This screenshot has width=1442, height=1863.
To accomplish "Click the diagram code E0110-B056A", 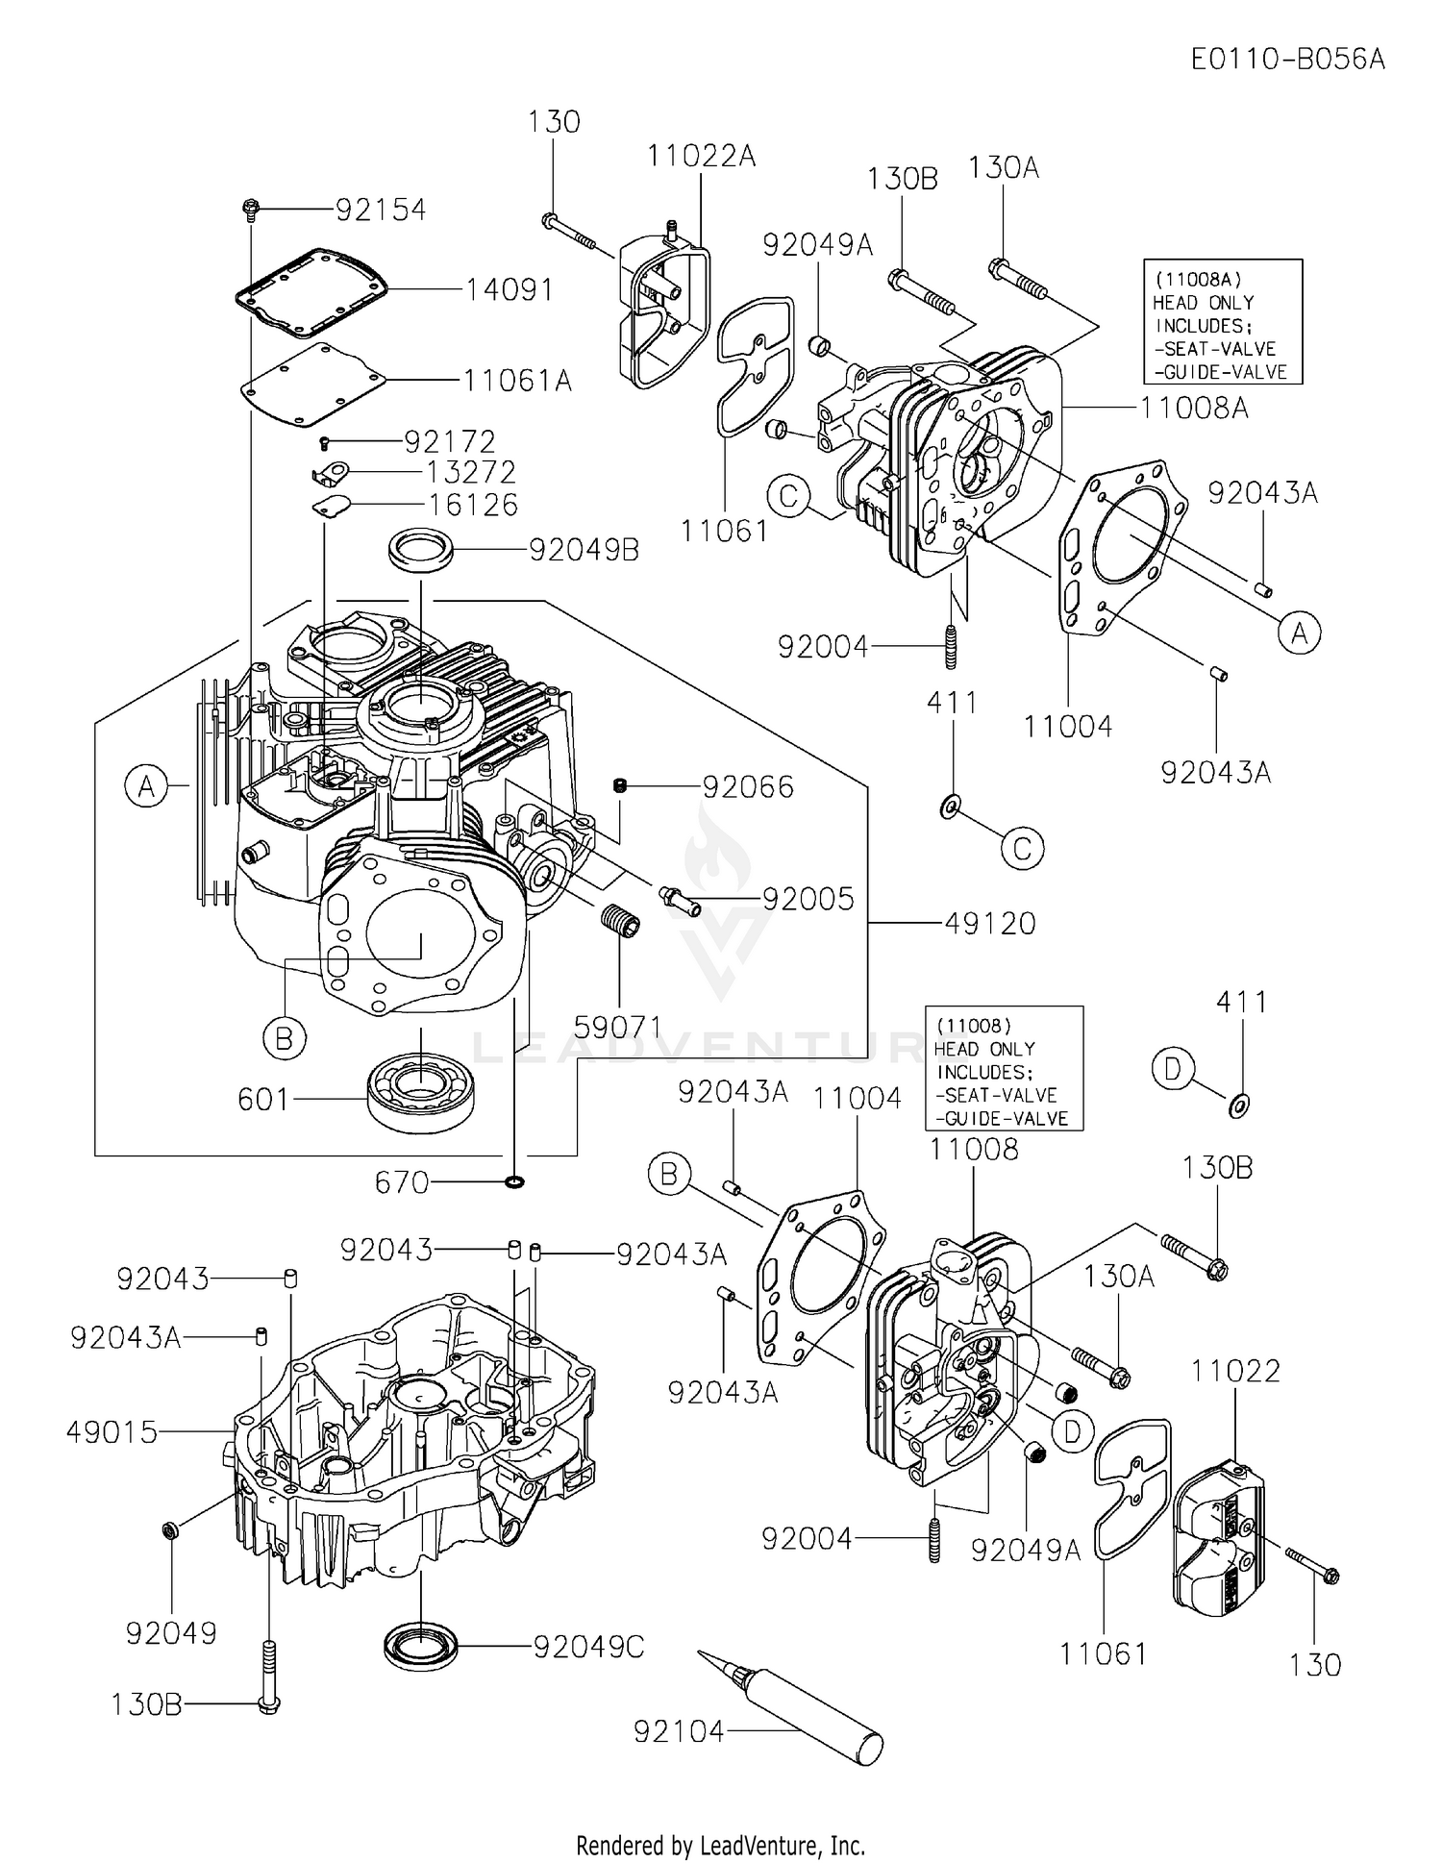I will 1287,60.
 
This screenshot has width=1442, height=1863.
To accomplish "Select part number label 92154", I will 380,210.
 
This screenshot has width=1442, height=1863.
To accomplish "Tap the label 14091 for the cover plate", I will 510,288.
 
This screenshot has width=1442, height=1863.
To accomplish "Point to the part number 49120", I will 989,923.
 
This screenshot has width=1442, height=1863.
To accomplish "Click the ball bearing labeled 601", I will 421,1090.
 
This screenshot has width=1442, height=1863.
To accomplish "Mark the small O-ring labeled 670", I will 514,1180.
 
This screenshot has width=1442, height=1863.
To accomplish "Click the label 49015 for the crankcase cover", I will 112,1432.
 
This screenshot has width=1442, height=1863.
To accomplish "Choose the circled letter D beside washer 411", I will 1172,1070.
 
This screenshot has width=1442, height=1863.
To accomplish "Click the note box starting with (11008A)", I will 1222,322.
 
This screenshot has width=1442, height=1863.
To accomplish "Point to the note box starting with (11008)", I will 1003,1068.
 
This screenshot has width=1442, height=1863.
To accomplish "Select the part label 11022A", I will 701,156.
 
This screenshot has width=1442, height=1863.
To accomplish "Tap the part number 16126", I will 474,505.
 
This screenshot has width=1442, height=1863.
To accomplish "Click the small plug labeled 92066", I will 620,786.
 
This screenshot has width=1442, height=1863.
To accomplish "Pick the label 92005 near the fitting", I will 808,898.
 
